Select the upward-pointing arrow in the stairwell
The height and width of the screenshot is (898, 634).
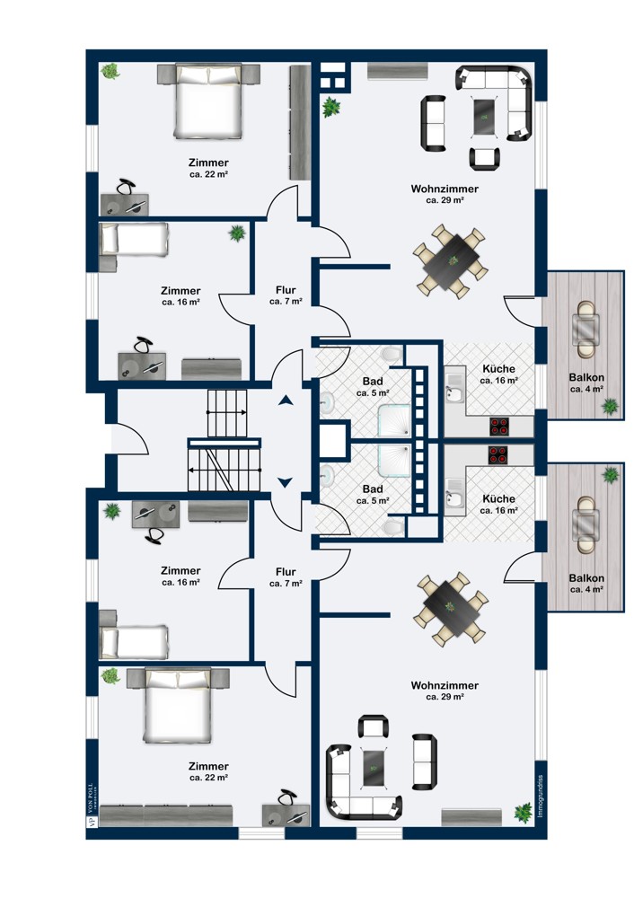coord(286,401)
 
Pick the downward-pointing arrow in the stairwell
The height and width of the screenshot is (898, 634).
coord(286,482)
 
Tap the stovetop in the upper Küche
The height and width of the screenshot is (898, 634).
coord(499,424)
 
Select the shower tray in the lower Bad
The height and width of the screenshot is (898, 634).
coord(394,462)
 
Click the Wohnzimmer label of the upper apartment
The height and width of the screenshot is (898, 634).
coord(444,189)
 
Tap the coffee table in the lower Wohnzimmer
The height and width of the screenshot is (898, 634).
coord(372,766)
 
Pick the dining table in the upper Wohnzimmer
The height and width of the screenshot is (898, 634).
coord(453,260)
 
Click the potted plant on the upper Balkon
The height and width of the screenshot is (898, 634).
coord(611,407)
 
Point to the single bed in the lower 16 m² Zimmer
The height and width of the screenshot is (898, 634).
coord(134,639)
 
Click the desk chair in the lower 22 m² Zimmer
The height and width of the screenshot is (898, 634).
coord(287,797)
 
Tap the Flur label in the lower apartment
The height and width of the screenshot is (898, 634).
coord(286,571)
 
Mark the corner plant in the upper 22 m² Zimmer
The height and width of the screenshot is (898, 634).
coord(110,71)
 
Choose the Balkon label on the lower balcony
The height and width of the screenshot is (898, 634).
coord(586,578)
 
